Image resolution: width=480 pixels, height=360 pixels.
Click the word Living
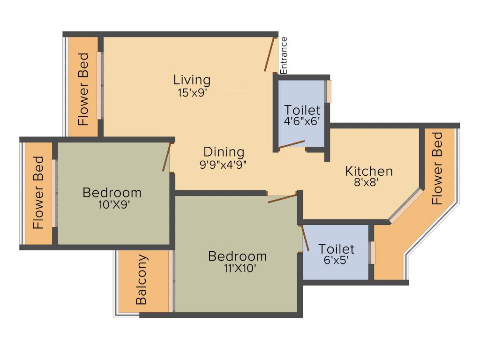tap(192, 80)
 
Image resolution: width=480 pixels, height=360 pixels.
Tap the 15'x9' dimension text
tap(192, 92)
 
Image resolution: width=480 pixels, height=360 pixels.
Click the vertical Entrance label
tap(284, 55)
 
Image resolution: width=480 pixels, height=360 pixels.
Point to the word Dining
tap(224, 152)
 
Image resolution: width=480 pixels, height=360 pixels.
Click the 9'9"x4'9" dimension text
tap(223, 164)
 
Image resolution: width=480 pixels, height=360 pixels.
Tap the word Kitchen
tap(369, 171)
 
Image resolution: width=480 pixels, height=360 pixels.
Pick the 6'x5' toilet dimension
tap(336, 260)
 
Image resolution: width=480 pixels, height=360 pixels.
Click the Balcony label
tap(142, 280)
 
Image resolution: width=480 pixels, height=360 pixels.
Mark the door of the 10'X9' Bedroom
tap(166, 157)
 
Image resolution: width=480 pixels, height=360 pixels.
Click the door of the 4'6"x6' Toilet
tap(292, 144)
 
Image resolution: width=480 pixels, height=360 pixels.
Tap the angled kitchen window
tap(406, 205)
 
